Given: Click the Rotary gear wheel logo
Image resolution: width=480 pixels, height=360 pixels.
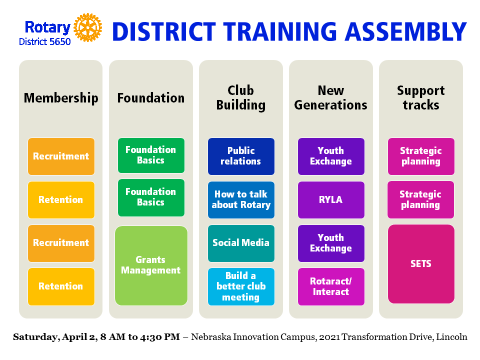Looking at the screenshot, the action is point(88,27).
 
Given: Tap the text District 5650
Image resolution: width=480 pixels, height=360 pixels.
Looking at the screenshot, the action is point(45,41).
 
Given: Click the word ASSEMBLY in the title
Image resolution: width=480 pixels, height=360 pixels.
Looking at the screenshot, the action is point(406,31).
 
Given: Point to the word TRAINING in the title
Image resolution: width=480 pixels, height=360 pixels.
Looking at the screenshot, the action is point(280,31).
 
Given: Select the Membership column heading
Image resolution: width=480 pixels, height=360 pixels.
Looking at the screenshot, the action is point(61,98).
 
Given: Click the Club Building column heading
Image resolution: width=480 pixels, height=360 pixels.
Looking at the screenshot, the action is point(241,97).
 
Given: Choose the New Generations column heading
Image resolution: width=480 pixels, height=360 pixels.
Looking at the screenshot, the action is point(331,97).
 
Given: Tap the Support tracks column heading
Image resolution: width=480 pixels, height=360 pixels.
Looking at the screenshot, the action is point(421,97).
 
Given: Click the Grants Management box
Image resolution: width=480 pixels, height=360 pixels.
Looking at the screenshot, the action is point(151,265).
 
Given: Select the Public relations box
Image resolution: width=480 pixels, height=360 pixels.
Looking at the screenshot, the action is point(241,156).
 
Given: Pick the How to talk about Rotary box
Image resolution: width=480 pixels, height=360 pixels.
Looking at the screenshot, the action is point(241,200).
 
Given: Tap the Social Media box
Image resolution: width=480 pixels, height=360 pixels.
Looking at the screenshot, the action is point(241,243).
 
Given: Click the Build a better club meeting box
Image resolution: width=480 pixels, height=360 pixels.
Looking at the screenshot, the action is point(241,286).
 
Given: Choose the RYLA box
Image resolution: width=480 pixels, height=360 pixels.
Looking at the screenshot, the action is point(331,200).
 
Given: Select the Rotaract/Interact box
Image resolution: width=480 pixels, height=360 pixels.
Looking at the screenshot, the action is point(331,286).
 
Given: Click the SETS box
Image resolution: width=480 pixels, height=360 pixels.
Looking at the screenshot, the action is point(421,264).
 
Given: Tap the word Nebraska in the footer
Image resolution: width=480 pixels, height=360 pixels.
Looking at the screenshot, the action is point(211,337).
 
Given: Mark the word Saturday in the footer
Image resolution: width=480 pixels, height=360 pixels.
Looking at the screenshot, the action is point(35,337).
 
